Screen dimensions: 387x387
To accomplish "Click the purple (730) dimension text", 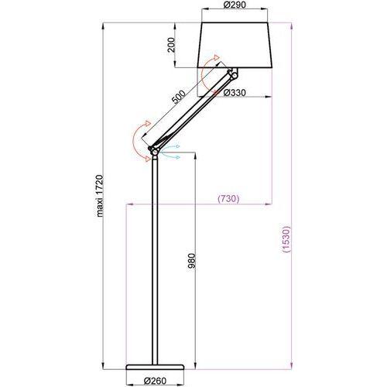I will click(228, 199).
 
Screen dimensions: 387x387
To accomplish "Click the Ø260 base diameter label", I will click(157, 380).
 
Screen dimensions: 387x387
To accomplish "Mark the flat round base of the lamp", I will click(156, 366).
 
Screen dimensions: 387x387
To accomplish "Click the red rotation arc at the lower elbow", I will click(136, 139).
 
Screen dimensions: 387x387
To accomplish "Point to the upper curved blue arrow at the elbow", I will click(172, 146).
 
